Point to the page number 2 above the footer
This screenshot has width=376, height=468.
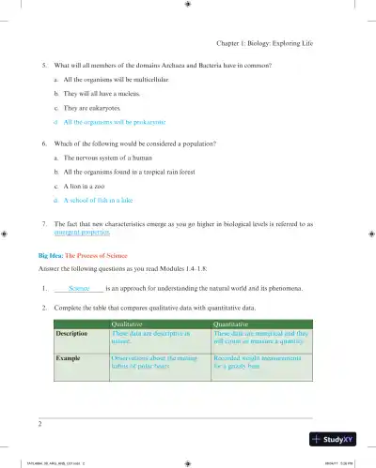click(40, 423)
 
